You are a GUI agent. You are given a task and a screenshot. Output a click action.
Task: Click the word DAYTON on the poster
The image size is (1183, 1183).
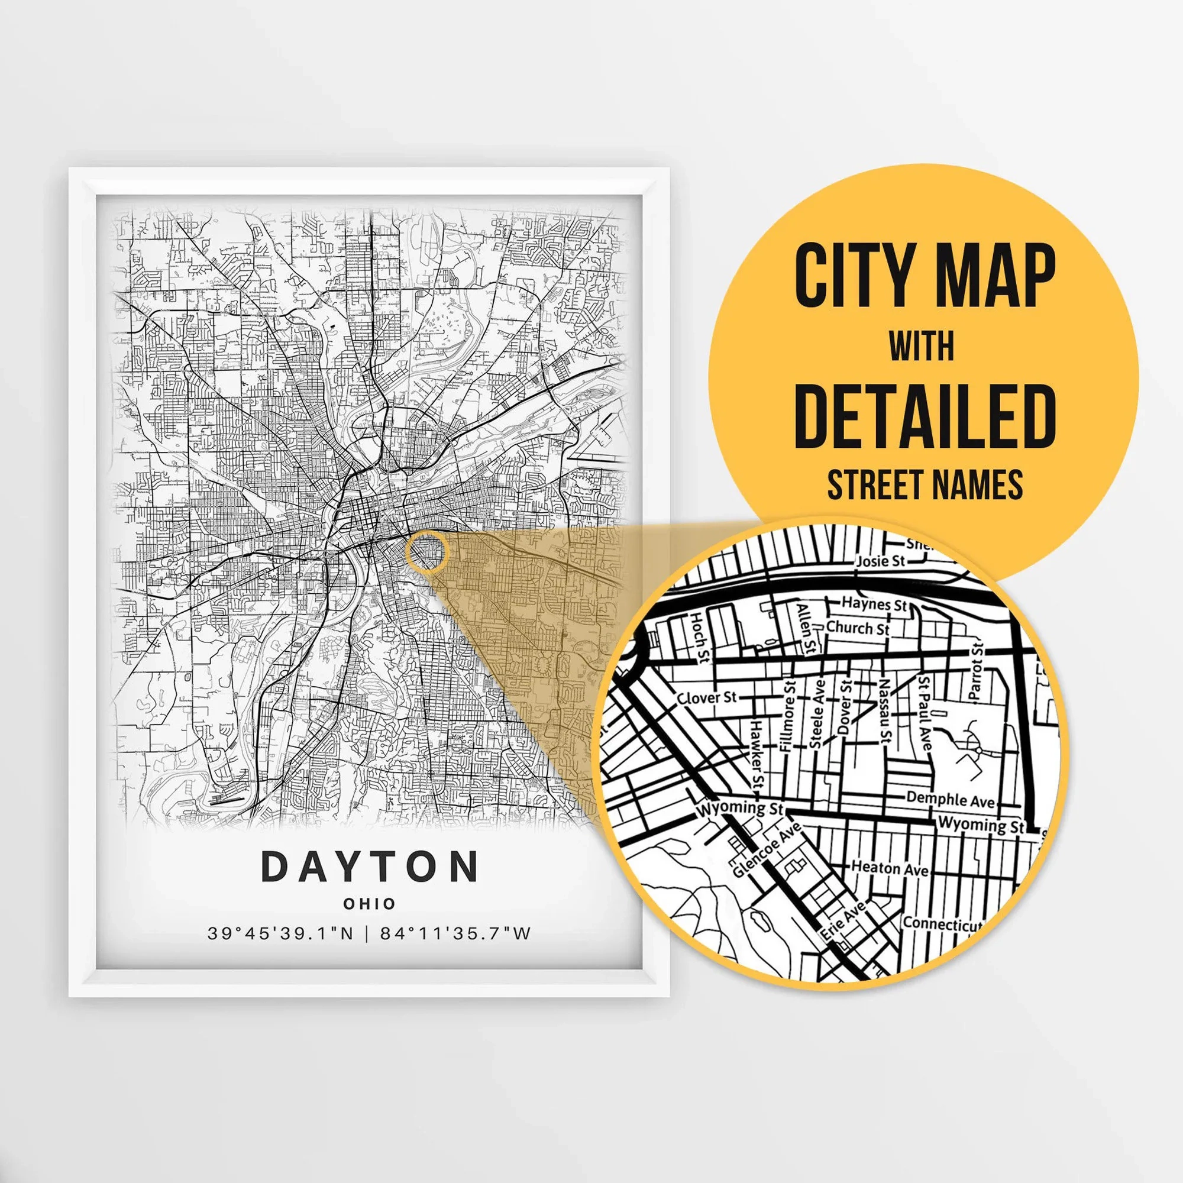pos(370,866)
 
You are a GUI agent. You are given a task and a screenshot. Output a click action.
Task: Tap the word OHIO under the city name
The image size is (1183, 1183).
pos(369,903)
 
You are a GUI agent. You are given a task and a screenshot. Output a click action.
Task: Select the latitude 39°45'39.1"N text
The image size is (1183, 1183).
pos(280,934)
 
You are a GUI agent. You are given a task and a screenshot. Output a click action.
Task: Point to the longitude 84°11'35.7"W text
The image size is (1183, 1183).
pos(455,934)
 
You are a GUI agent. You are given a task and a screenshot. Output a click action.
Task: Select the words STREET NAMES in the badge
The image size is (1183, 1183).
pos(925,484)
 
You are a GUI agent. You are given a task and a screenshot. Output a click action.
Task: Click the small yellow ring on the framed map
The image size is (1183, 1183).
pos(427,552)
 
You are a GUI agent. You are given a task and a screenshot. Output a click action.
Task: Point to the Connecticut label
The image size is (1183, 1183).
pos(942,923)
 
